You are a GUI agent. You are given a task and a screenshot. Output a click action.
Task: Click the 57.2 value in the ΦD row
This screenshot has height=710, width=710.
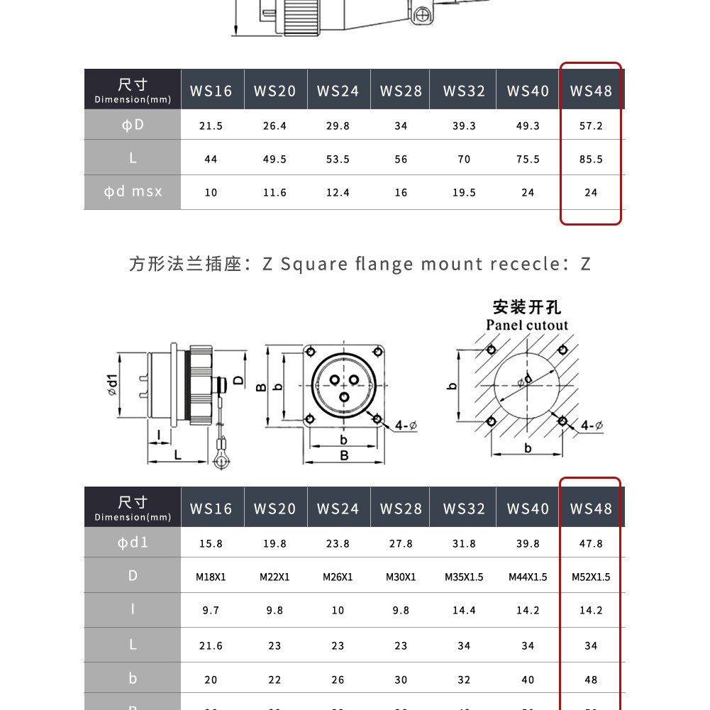coord(591,126)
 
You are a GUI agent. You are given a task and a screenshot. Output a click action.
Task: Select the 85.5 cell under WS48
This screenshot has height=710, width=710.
coord(591,160)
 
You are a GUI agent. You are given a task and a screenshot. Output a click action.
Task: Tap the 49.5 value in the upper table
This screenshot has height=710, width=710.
coord(274,160)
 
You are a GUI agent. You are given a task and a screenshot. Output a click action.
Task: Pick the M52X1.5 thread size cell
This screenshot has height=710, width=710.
coord(591,577)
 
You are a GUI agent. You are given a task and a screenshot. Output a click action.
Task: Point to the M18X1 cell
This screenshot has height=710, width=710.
coord(211,577)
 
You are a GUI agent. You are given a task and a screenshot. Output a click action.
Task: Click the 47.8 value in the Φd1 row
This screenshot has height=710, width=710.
coord(591,543)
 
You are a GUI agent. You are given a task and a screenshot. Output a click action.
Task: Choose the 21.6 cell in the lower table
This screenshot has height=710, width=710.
coord(211,645)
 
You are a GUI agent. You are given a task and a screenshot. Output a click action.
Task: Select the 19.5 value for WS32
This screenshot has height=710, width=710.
coord(464,193)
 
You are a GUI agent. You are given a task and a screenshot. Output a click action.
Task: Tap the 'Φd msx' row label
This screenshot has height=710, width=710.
coord(133,192)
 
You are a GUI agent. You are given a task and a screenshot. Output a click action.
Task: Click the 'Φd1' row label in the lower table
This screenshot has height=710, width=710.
coord(133,542)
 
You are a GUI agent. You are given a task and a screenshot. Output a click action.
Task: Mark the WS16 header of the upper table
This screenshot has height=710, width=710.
coord(211,91)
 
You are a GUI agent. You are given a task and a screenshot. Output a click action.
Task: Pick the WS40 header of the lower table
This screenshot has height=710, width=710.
coord(528,509)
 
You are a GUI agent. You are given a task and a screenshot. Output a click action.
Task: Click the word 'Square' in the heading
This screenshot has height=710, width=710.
coord(314,265)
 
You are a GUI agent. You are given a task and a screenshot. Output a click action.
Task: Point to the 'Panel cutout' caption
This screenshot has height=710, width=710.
coord(527,325)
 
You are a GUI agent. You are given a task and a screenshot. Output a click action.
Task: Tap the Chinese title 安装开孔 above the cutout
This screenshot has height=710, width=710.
coord(527,307)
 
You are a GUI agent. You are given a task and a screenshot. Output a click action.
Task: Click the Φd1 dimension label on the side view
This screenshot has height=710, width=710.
coord(113,384)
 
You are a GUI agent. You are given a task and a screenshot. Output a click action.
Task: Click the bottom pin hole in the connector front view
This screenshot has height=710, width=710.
coord(344,398)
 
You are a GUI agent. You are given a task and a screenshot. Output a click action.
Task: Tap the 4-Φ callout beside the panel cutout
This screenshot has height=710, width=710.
coord(592,426)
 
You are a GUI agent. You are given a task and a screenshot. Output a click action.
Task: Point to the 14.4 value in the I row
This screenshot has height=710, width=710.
coord(464,611)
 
